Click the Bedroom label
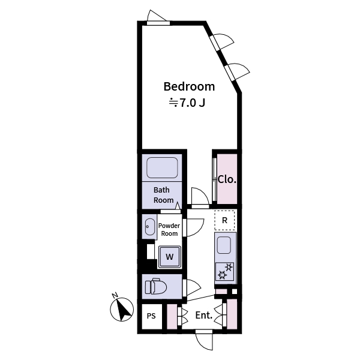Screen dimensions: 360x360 click(189, 86)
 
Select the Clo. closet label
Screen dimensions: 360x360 click(227, 179)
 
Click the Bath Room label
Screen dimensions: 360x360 click(163, 195)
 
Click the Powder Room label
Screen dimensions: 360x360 click(169, 229)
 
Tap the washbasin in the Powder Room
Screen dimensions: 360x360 click(149, 227)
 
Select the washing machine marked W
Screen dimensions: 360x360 click(169, 257)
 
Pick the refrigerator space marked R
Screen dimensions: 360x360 click(224, 220)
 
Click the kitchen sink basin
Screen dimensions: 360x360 click(224, 245)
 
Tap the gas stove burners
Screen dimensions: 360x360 click(224, 271)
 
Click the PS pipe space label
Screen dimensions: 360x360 click(151, 315)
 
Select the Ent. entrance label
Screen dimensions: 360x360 click(203, 315)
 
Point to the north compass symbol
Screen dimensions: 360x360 click(124, 310)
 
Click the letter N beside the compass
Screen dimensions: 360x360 click(114, 295)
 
